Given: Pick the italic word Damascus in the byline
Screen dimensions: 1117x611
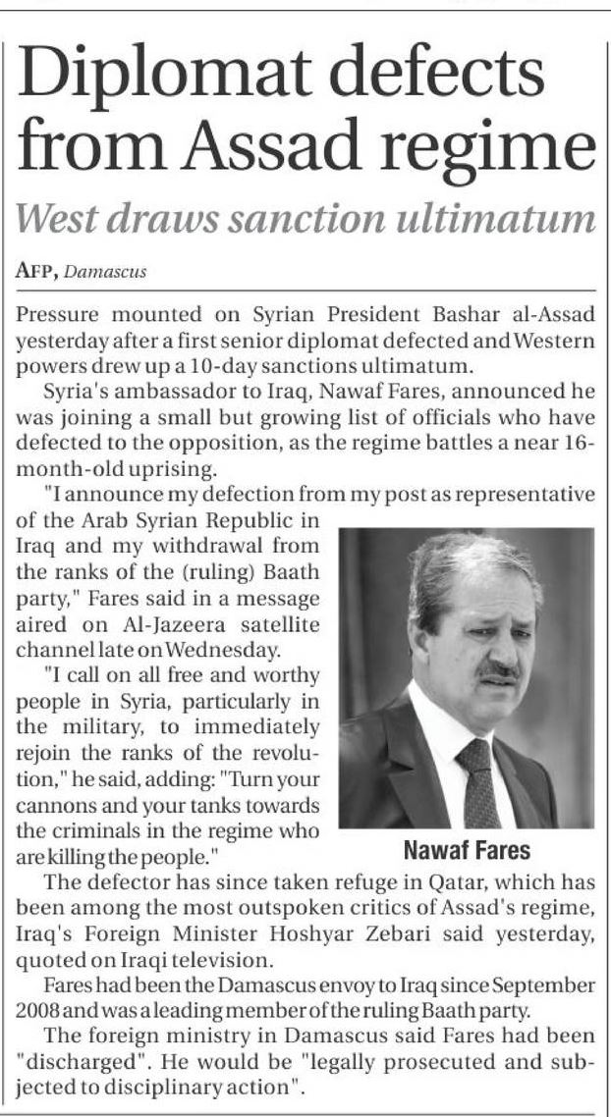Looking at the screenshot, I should (x=111, y=273).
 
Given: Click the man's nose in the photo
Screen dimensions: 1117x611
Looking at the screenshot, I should (x=506, y=648).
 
